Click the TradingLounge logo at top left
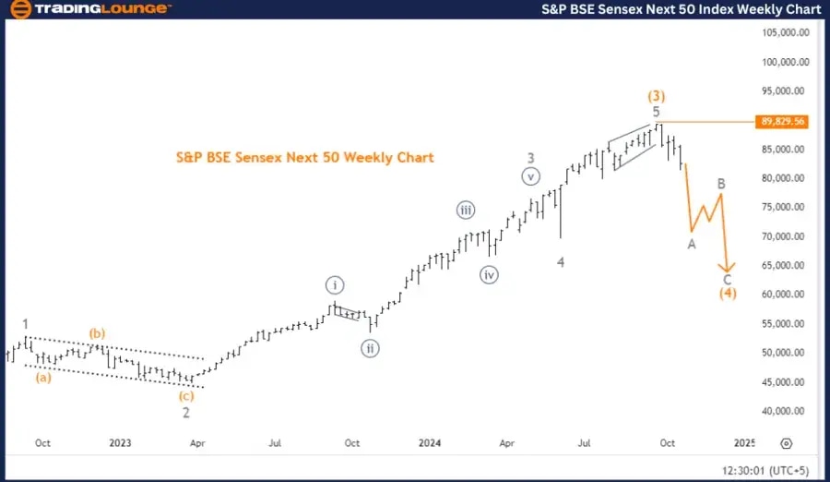pyautogui.click(x=89, y=9)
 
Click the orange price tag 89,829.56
pyautogui.click(x=782, y=121)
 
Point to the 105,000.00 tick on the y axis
pyautogui.click(x=785, y=32)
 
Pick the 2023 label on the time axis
pyautogui.click(x=120, y=443)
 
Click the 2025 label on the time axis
pyautogui.click(x=745, y=443)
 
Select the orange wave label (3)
pyautogui.click(x=657, y=95)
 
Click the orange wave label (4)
pyautogui.click(x=728, y=294)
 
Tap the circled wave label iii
pyautogui.click(x=466, y=211)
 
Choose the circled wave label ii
pyautogui.click(x=371, y=348)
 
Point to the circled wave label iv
pyautogui.click(x=489, y=274)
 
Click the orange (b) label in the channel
pyautogui.click(x=97, y=332)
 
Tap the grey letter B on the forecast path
pyautogui.click(x=723, y=184)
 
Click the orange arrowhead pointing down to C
pyautogui.click(x=728, y=267)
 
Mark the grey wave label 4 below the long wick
pyautogui.click(x=560, y=262)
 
